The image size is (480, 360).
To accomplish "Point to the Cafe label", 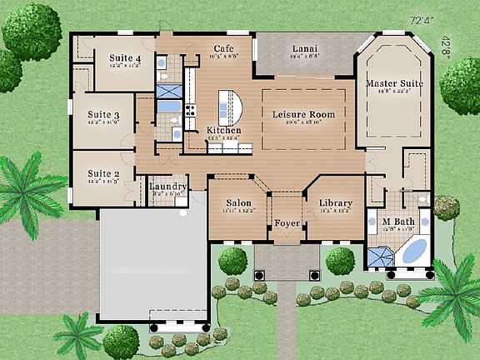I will point(222,49).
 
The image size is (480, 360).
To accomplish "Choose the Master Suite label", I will point(394,84).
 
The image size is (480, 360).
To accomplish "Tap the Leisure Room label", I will point(303,114).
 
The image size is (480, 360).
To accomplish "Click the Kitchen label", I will point(224,131).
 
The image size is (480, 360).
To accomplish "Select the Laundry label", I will point(167,186).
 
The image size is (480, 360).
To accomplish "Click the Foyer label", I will point(287,222).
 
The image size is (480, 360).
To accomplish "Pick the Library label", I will point(336,202).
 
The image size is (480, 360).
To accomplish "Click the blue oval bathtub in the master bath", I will point(414,250).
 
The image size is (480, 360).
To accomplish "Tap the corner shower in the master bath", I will point(379,257).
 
